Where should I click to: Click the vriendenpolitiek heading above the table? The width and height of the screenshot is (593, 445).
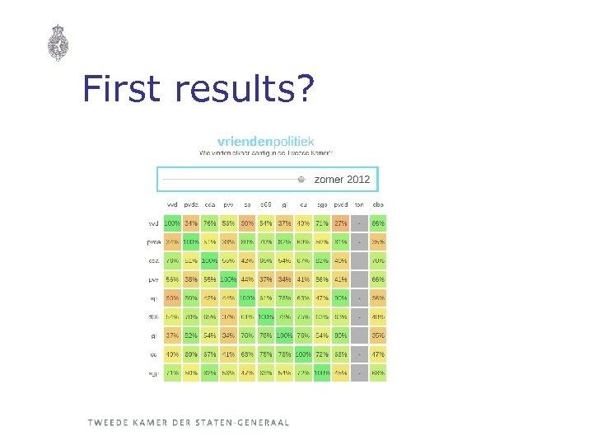pos(265,142)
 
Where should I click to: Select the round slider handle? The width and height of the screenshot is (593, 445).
pos(301,179)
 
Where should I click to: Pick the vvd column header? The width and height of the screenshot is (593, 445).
pos(173,204)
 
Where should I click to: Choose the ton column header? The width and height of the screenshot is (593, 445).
pos(359,204)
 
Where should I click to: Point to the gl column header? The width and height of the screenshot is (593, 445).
pos(284,204)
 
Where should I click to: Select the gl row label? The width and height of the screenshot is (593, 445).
pos(154,336)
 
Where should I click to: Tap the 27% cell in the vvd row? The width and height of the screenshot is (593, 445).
pos(339,223)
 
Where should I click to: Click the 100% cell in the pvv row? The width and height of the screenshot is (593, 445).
pos(228,280)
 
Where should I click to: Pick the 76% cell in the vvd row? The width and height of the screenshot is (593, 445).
pos(210,223)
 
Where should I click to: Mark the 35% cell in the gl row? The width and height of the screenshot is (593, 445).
pos(378,336)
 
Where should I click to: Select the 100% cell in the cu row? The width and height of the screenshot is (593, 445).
pos(302,354)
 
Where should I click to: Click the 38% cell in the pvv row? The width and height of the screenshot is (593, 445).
pos(191,280)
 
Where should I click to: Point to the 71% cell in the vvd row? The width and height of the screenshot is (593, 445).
pos(321,223)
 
